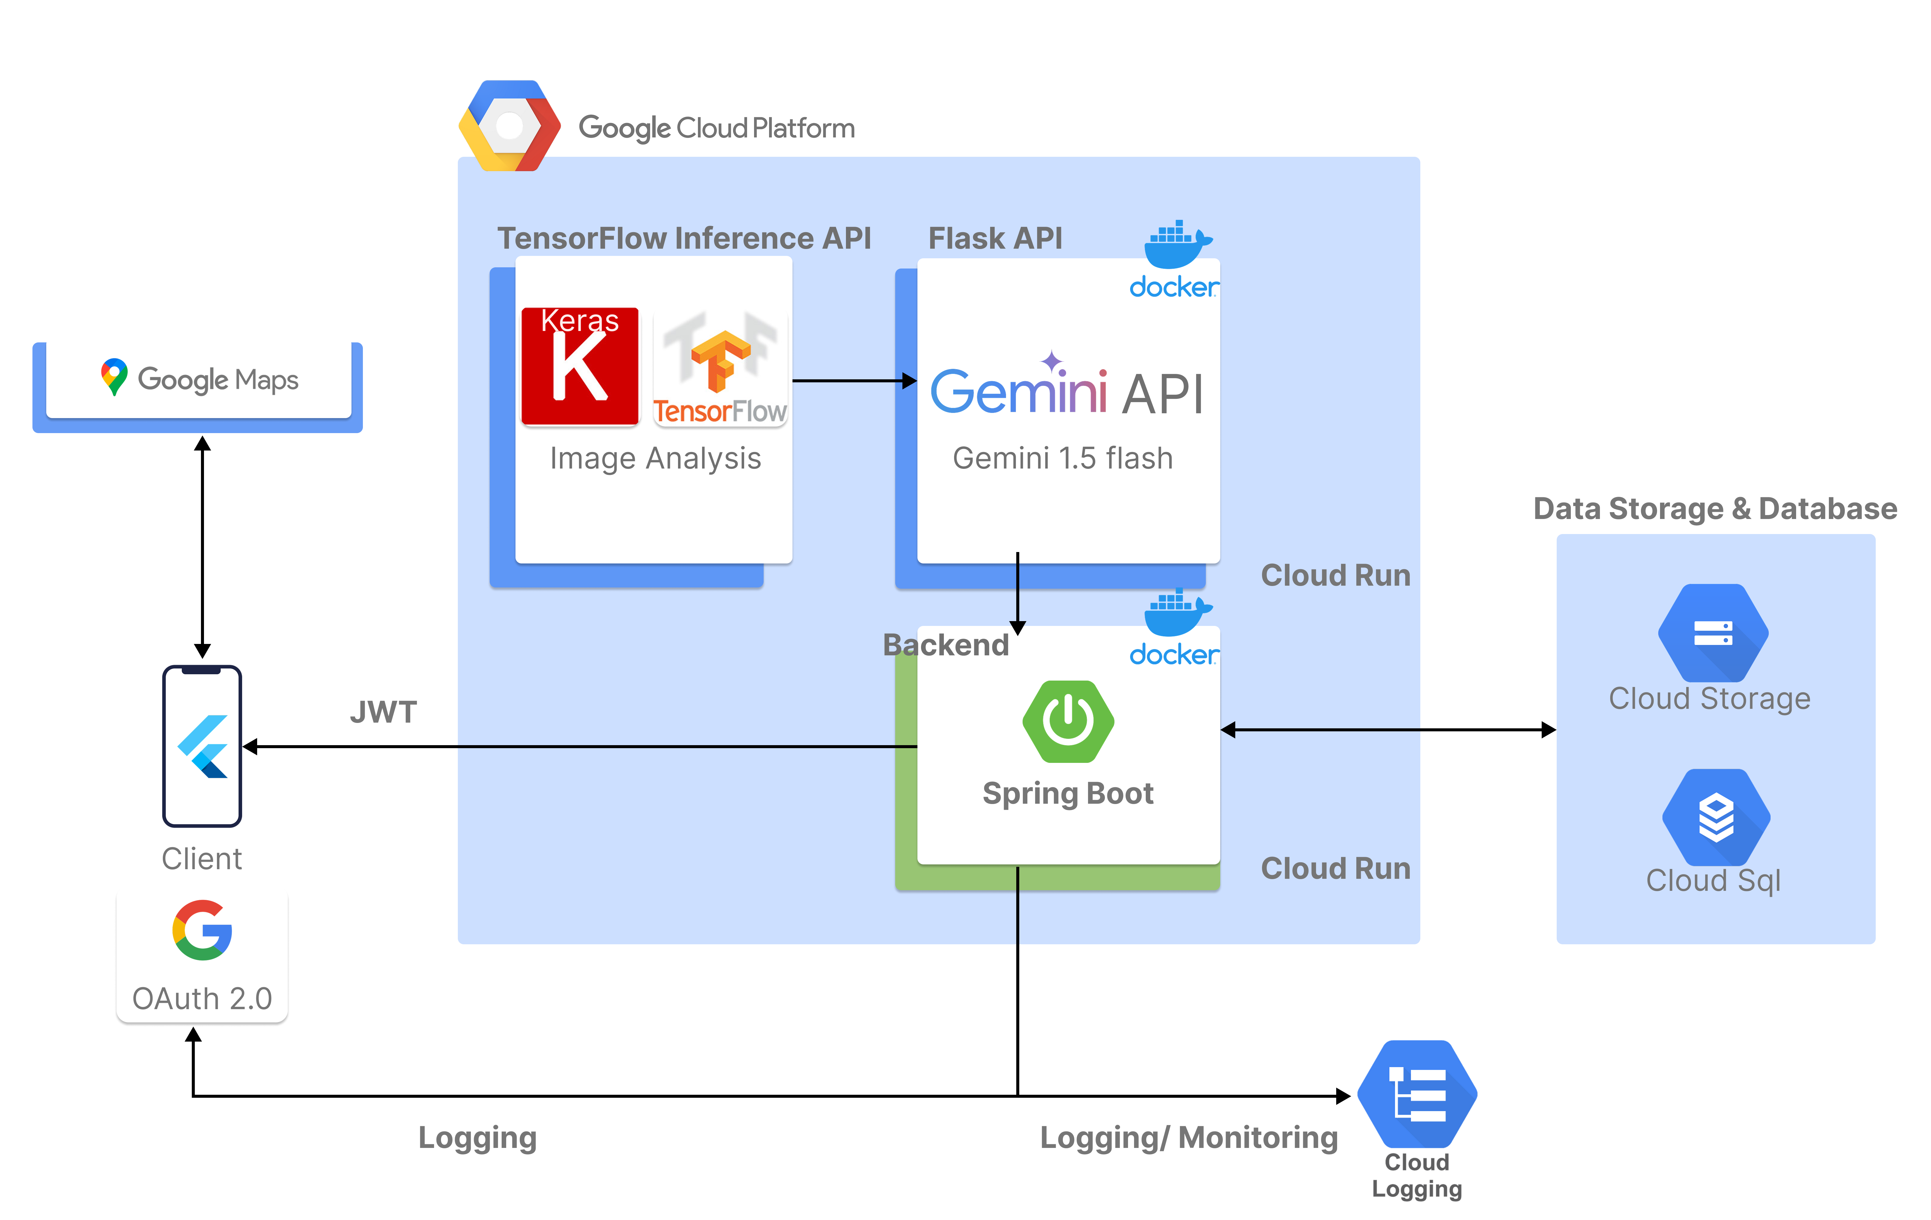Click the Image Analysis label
point(655,459)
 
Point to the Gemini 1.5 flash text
point(1063,459)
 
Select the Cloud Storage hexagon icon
point(1713,633)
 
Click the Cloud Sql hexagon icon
point(1716,818)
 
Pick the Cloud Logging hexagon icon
point(1417,1094)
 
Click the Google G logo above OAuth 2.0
point(202,930)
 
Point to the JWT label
point(383,712)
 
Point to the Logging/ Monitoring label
point(1188,1137)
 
